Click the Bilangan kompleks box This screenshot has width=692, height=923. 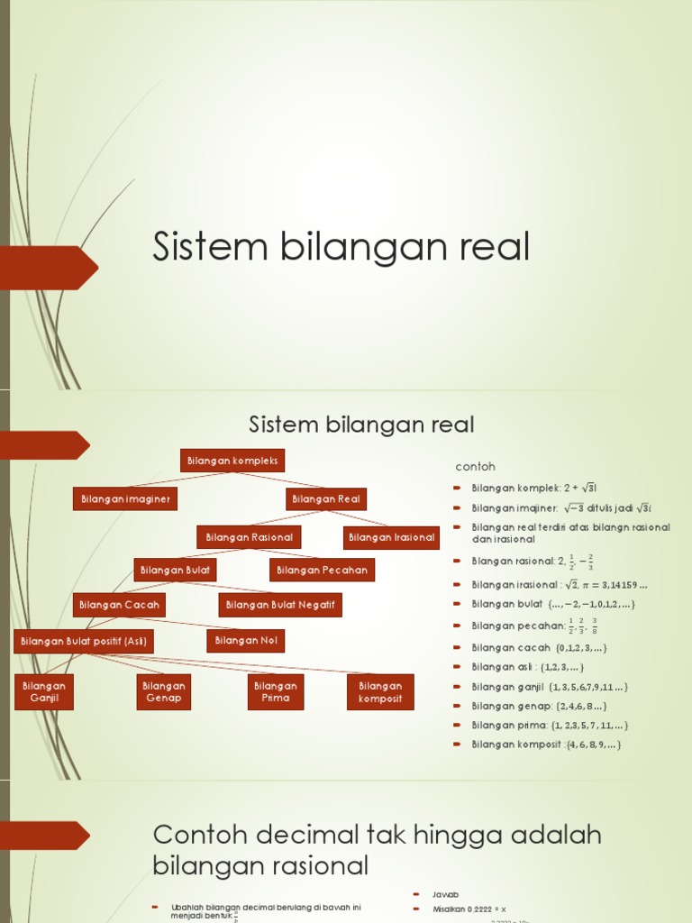(232, 461)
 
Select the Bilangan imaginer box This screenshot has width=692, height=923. (124, 498)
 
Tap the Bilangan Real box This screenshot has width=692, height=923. (326, 498)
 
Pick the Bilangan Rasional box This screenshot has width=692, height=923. (249, 537)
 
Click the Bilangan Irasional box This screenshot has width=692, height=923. (391, 537)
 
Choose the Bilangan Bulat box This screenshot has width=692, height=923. (175, 570)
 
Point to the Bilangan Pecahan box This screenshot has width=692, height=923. (322, 570)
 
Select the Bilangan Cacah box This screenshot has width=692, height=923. (119, 605)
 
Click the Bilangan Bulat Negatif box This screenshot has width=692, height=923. (280, 605)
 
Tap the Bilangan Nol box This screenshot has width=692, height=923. (246, 641)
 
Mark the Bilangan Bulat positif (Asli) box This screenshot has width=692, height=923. (83, 641)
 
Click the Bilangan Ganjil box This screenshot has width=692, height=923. (44, 691)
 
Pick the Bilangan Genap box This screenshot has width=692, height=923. (164, 691)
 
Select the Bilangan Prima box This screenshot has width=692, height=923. (276, 691)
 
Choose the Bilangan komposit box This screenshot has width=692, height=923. (380, 691)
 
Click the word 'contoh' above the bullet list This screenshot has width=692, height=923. (475, 467)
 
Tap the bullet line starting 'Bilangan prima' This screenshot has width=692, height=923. (550, 725)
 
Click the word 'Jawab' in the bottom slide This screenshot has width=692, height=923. (446, 894)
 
